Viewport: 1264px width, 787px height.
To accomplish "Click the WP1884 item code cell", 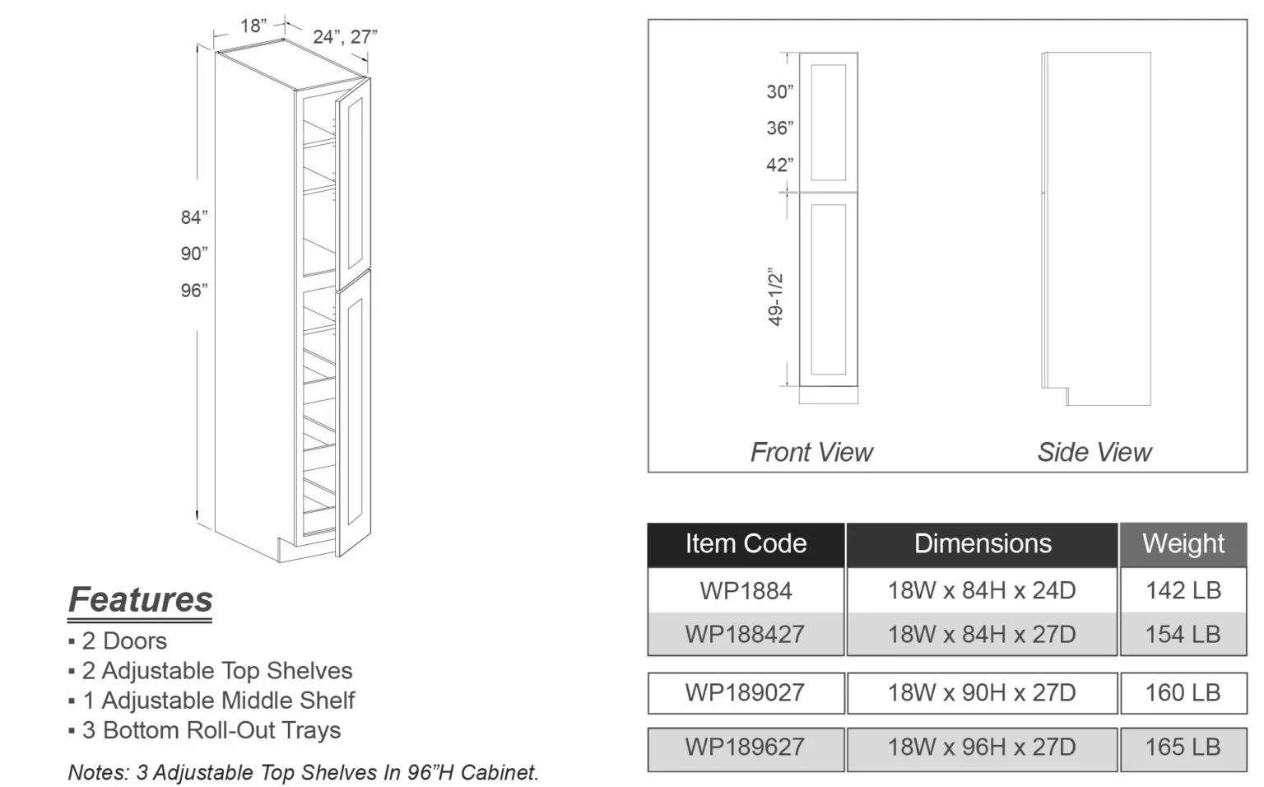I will (746, 590).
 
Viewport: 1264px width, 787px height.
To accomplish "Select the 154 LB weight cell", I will (1183, 634).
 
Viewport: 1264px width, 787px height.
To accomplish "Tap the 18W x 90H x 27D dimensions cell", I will (981, 692).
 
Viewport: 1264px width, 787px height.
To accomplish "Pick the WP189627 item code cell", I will (746, 747).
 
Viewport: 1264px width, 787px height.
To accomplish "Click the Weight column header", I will (1183, 543).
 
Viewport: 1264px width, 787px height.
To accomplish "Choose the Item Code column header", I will (746, 543).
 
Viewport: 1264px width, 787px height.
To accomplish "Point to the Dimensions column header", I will (982, 543).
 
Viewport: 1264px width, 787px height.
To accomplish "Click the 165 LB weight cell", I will (1183, 747).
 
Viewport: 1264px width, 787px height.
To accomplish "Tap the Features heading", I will (140, 599).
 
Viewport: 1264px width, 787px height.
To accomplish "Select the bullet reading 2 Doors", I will (123, 640).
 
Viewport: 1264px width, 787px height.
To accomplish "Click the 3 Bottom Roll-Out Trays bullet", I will (211, 730).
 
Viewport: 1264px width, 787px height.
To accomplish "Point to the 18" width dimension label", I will (253, 26).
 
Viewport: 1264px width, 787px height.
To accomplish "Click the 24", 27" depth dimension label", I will (345, 37).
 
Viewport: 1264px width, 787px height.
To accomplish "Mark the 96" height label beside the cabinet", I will (194, 291).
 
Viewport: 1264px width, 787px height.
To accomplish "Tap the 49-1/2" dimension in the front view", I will (775, 296).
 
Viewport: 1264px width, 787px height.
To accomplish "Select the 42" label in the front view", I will (779, 165).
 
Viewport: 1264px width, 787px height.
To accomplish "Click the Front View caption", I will (811, 452).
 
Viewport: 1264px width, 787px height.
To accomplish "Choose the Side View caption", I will (1094, 452).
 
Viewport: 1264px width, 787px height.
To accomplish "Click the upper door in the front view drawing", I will (828, 121).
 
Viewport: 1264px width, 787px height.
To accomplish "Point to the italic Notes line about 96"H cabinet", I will (303, 772).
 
